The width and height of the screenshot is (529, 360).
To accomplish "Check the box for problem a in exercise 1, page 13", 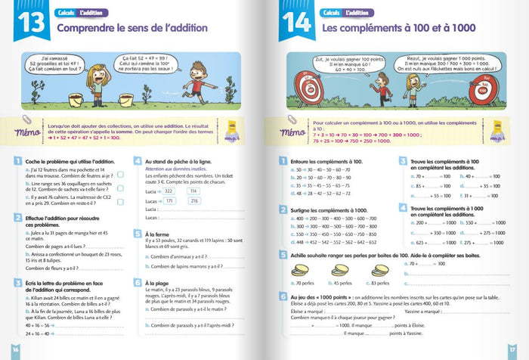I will tap(121, 175).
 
